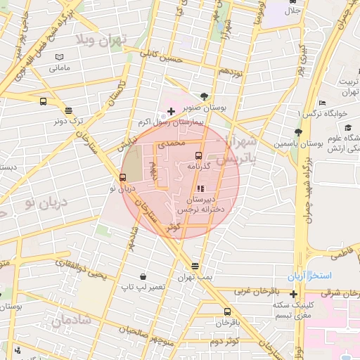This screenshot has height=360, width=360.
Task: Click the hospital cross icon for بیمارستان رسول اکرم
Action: coord(171,111)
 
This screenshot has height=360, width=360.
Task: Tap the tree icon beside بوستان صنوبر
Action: coord(204,96)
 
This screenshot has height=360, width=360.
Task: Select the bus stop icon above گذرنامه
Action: coord(198,155)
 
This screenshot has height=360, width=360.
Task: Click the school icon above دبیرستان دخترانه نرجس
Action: coord(200,188)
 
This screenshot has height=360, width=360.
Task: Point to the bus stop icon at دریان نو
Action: coord(122,177)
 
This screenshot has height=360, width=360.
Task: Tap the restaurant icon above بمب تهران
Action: coord(195,266)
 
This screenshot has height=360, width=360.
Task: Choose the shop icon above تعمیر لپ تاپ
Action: coord(143,276)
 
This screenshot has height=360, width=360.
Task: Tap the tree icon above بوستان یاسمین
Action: coord(298,131)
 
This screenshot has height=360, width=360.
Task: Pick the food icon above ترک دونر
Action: coord(68,110)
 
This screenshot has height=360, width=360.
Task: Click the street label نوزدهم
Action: coord(231,71)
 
